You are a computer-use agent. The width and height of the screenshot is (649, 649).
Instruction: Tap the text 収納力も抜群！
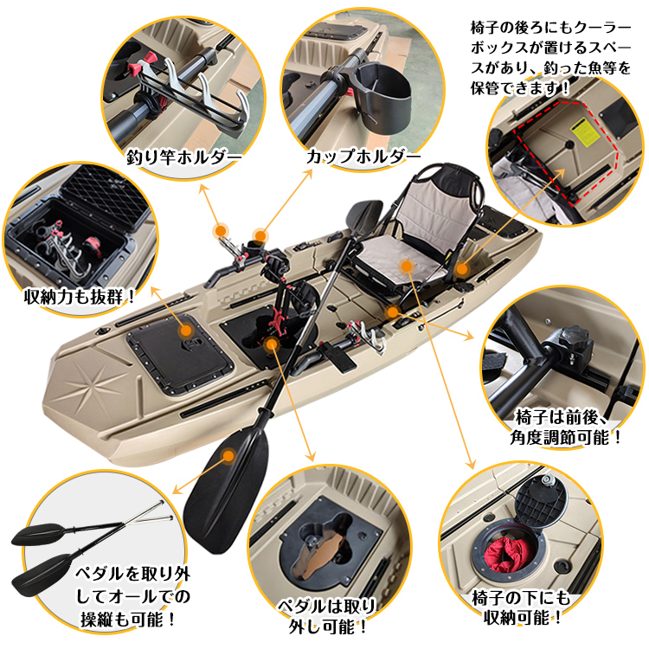80,297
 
